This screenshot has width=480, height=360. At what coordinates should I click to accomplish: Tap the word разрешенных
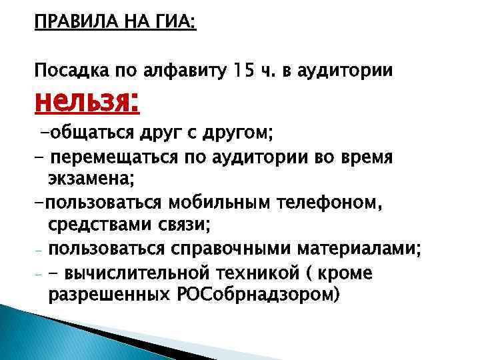(107, 295)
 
